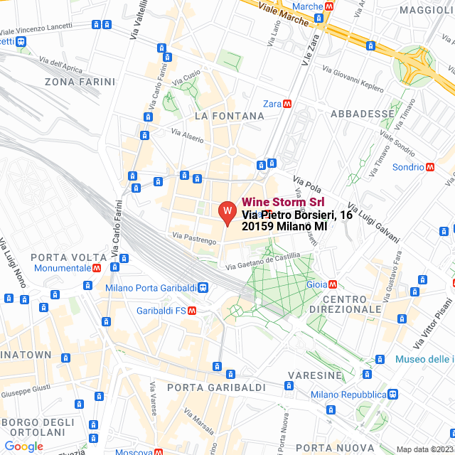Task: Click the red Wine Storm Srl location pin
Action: (x=226, y=212)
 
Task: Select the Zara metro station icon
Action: (x=287, y=103)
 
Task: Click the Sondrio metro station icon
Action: (x=430, y=167)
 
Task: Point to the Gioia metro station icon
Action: (x=333, y=284)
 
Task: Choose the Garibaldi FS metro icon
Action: (x=192, y=311)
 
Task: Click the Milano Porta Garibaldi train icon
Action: (x=203, y=288)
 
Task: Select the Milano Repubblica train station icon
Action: (x=393, y=394)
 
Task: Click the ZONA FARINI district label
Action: (x=80, y=82)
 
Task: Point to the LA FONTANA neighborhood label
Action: (x=225, y=115)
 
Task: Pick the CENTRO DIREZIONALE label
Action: (x=346, y=304)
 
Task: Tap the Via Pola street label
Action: (x=307, y=184)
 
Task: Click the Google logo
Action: (x=23, y=446)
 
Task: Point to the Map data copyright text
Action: (x=424, y=449)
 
